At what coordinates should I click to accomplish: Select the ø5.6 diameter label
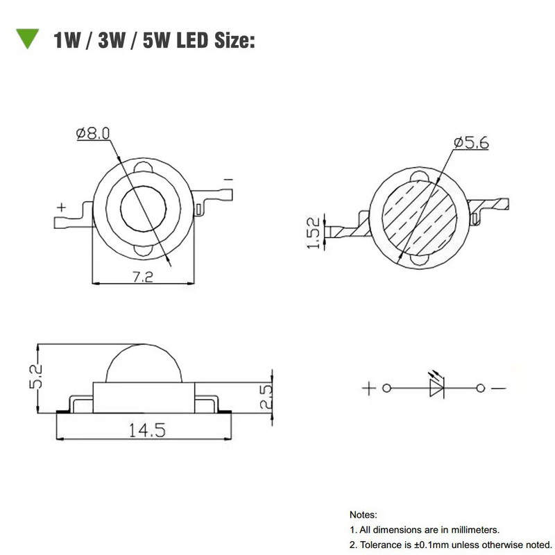(x=471, y=143)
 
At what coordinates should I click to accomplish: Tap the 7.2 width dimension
(x=144, y=276)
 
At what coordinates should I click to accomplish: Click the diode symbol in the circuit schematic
(x=436, y=387)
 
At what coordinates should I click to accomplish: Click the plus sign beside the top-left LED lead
(x=62, y=207)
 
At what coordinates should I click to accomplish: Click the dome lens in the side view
(x=144, y=364)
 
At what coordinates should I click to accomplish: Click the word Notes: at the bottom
(x=363, y=515)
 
